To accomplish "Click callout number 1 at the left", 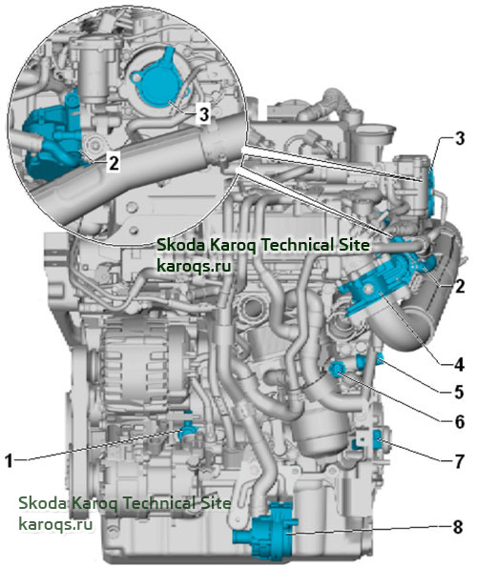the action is (x=9, y=461).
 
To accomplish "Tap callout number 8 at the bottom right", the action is (x=458, y=527).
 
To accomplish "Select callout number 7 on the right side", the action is (x=459, y=461).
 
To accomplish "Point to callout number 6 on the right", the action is (x=459, y=421).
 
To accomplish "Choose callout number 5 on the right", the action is (x=459, y=392).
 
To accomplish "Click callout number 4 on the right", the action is (x=459, y=364).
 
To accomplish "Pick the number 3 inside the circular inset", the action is (x=204, y=114).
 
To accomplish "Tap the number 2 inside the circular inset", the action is (x=114, y=164).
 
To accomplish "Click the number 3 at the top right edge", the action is (x=460, y=138).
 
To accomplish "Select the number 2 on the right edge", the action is (x=460, y=287).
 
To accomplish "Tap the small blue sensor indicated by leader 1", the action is (x=189, y=429).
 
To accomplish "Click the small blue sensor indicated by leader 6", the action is (x=337, y=369).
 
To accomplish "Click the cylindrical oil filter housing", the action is (x=320, y=431).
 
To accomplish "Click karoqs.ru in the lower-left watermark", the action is (x=55, y=523).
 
